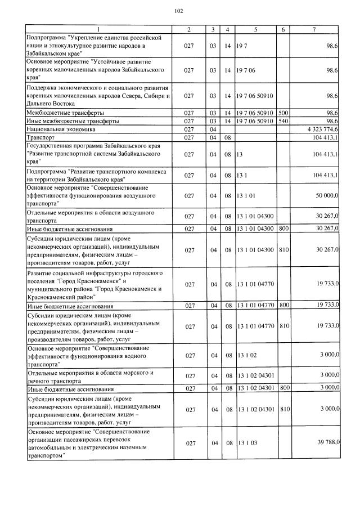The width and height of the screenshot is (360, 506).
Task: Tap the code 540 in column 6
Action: [283, 121]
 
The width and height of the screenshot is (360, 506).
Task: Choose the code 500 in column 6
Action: [283, 113]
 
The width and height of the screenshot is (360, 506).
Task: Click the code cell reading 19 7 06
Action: [246, 70]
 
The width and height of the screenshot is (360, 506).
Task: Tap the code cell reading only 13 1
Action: [243, 175]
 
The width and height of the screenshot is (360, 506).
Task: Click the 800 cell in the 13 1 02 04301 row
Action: [283, 388]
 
